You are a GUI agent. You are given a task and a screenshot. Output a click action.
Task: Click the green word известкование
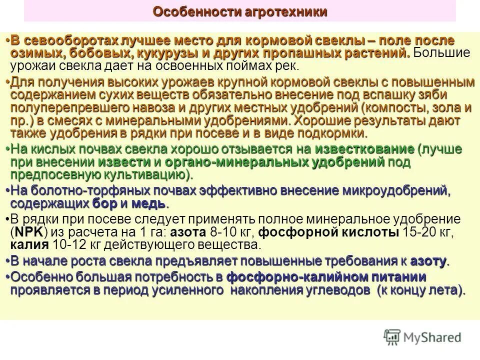point(364,149)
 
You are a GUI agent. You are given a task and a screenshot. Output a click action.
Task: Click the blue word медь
point(150,203)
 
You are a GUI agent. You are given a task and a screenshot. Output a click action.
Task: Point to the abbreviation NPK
point(29,232)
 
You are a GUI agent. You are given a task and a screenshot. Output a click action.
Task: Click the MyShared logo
point(422,337)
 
